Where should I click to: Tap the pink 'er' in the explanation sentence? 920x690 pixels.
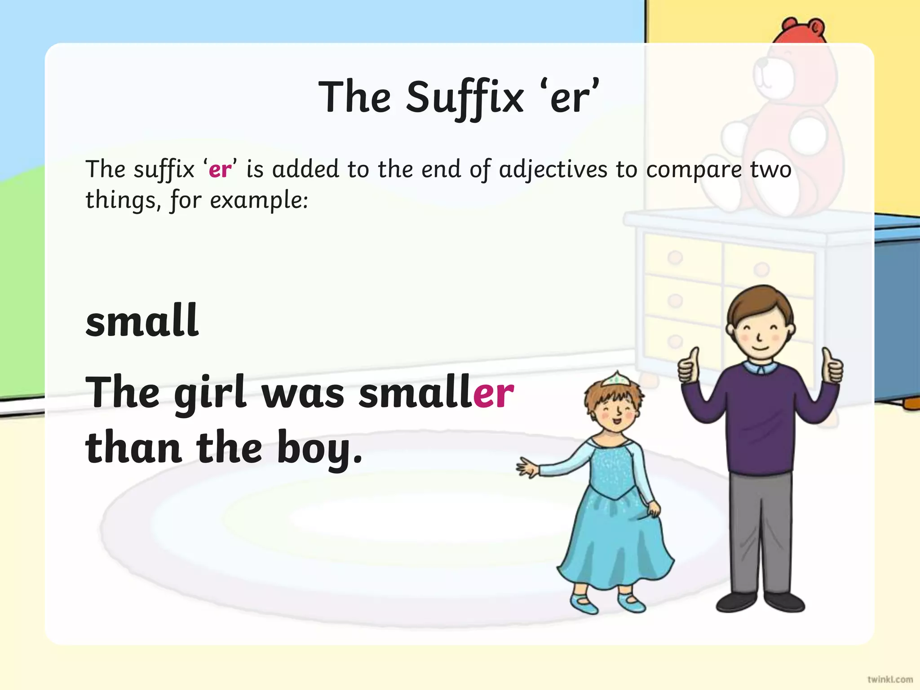pos(220,170)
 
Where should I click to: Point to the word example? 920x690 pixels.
pos(259,200)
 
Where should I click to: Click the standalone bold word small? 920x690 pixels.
pos(142,320)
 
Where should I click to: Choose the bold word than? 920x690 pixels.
pos(133,447)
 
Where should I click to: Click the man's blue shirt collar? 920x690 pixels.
pos(760,367)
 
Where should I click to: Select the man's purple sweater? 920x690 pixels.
pos(760,418)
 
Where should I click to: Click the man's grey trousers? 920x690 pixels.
pos(760,530)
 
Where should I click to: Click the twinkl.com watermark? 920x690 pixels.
pos(889,679)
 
